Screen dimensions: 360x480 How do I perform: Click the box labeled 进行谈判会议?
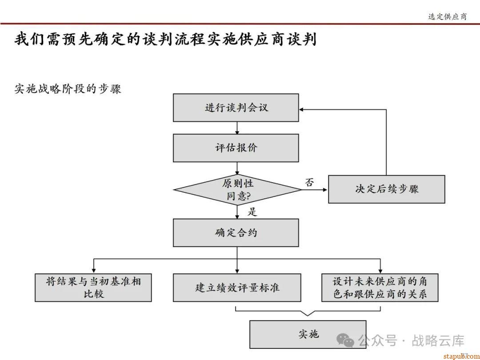coord(236,108)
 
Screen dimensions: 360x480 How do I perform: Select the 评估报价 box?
coord(236,148)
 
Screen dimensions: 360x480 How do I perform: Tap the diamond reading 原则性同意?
coord(237,190)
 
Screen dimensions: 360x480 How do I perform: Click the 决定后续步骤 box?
coord(386,189)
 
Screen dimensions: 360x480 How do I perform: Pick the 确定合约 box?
coord(236,232)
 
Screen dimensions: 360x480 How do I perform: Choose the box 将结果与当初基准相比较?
coord(93,288)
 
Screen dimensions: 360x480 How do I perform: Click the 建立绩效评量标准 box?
coord(237,288)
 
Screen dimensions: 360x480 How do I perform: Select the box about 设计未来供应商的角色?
coord(380,288)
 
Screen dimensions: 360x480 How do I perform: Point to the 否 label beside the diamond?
coord(309,182)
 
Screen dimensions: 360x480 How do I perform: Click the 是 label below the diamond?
coord(252,212)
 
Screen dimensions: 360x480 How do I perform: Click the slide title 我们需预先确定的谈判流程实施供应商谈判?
coord(165,40)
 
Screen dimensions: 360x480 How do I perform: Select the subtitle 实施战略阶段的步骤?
coord(68,89)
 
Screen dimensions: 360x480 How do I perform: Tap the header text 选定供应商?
coord(447,16)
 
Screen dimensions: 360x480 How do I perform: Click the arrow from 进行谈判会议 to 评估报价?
coord(237,128)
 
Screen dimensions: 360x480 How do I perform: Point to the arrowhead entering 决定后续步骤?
coord(325,190)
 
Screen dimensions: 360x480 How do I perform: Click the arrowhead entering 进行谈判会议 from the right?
coord(302,109)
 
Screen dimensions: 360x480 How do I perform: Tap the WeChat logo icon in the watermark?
coord(345,340)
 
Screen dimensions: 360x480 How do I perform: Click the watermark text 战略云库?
coord(438,341)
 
